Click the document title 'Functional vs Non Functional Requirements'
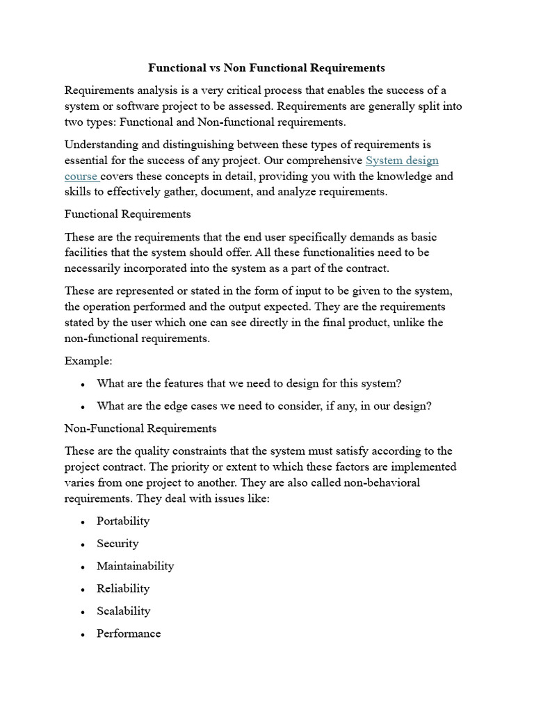coord(266,68)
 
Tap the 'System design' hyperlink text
coord(402,161)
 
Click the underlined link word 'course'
coord(80,177)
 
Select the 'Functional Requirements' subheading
coord(127,213)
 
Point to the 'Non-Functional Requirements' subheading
coord(140,428)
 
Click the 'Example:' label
coord(88,361)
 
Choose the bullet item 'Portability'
coord(123,521)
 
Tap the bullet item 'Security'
coord(118,543)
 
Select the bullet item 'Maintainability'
coord(136,566)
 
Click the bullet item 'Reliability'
coord(123,588)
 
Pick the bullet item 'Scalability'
coord(124,611)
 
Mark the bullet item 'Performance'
coord(129,633)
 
